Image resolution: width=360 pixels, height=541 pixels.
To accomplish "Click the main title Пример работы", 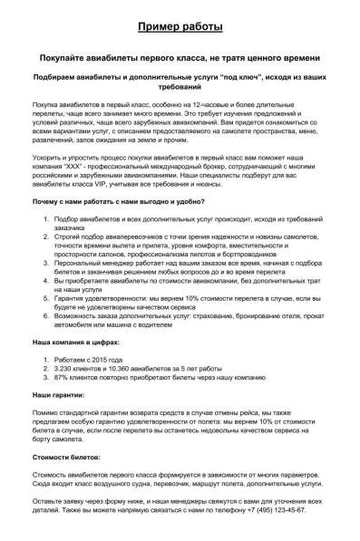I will coord(180,26).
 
